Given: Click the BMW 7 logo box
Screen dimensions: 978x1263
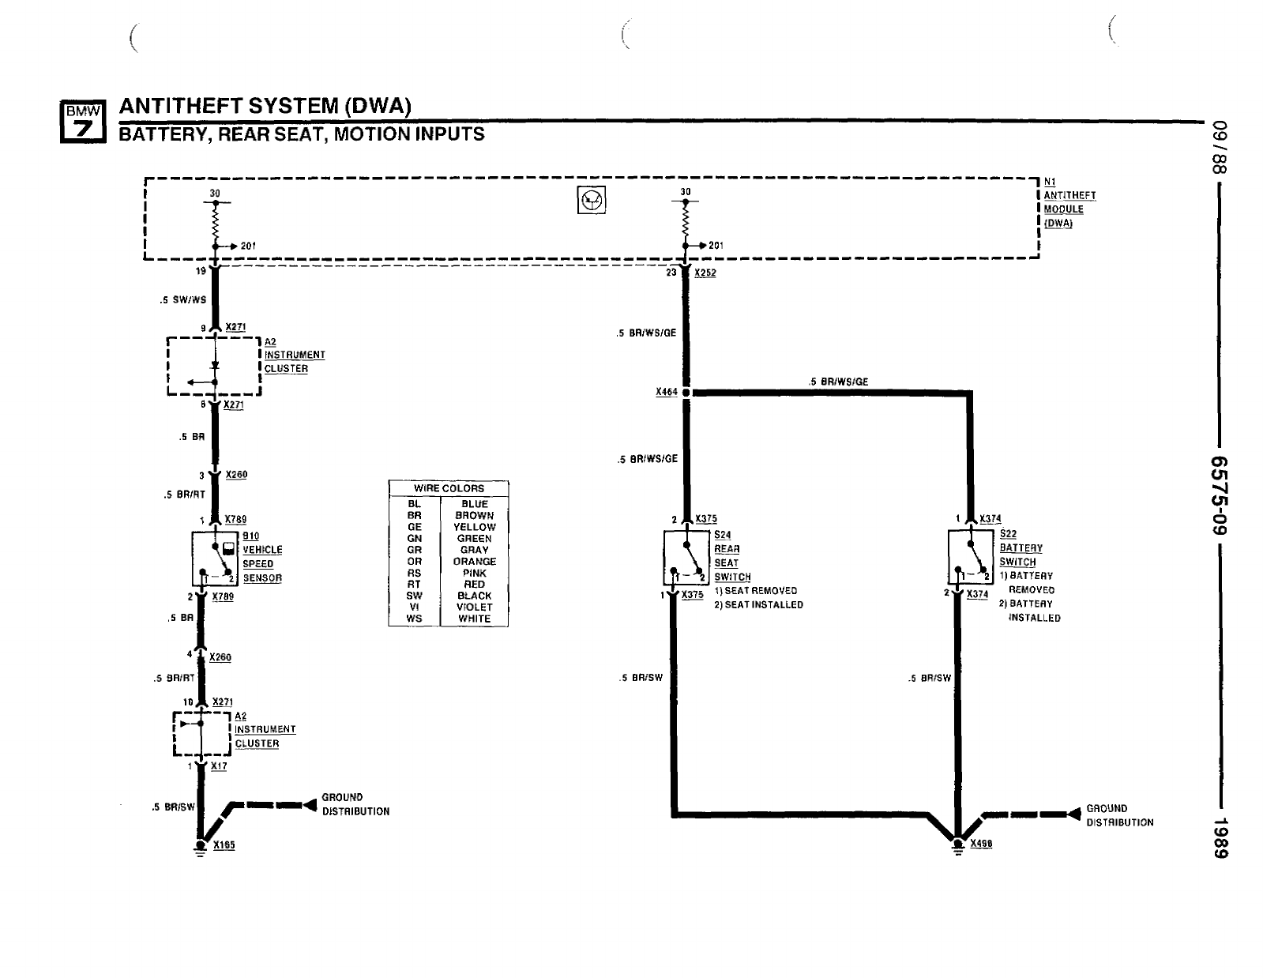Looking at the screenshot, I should (84, 121).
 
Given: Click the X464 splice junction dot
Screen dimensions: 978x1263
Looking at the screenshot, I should (686, 392).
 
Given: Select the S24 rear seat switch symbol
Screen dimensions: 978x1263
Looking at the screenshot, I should (686, 560).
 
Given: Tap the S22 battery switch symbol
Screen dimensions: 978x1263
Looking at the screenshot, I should (971, 559).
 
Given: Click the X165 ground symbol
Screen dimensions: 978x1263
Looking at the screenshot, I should (201, 846).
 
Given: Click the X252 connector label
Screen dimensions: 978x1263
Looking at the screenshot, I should (705, 273).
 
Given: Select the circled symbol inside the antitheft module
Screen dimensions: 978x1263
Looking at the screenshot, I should (592, 202).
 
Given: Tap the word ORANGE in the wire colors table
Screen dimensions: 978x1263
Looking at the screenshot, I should (475, 562).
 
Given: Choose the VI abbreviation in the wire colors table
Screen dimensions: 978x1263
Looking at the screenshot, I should (414, 607).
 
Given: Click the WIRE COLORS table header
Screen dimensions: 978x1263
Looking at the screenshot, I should (449, 488).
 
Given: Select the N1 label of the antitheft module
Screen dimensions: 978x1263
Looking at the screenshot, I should (1050, 182).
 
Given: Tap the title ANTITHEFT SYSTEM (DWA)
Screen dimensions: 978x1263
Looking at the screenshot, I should (265, 106).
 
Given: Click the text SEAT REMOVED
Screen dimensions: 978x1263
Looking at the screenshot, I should (761, 591).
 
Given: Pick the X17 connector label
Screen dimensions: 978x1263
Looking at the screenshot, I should (219, 766).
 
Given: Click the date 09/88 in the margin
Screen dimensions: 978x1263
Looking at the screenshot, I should (1221, 149).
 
